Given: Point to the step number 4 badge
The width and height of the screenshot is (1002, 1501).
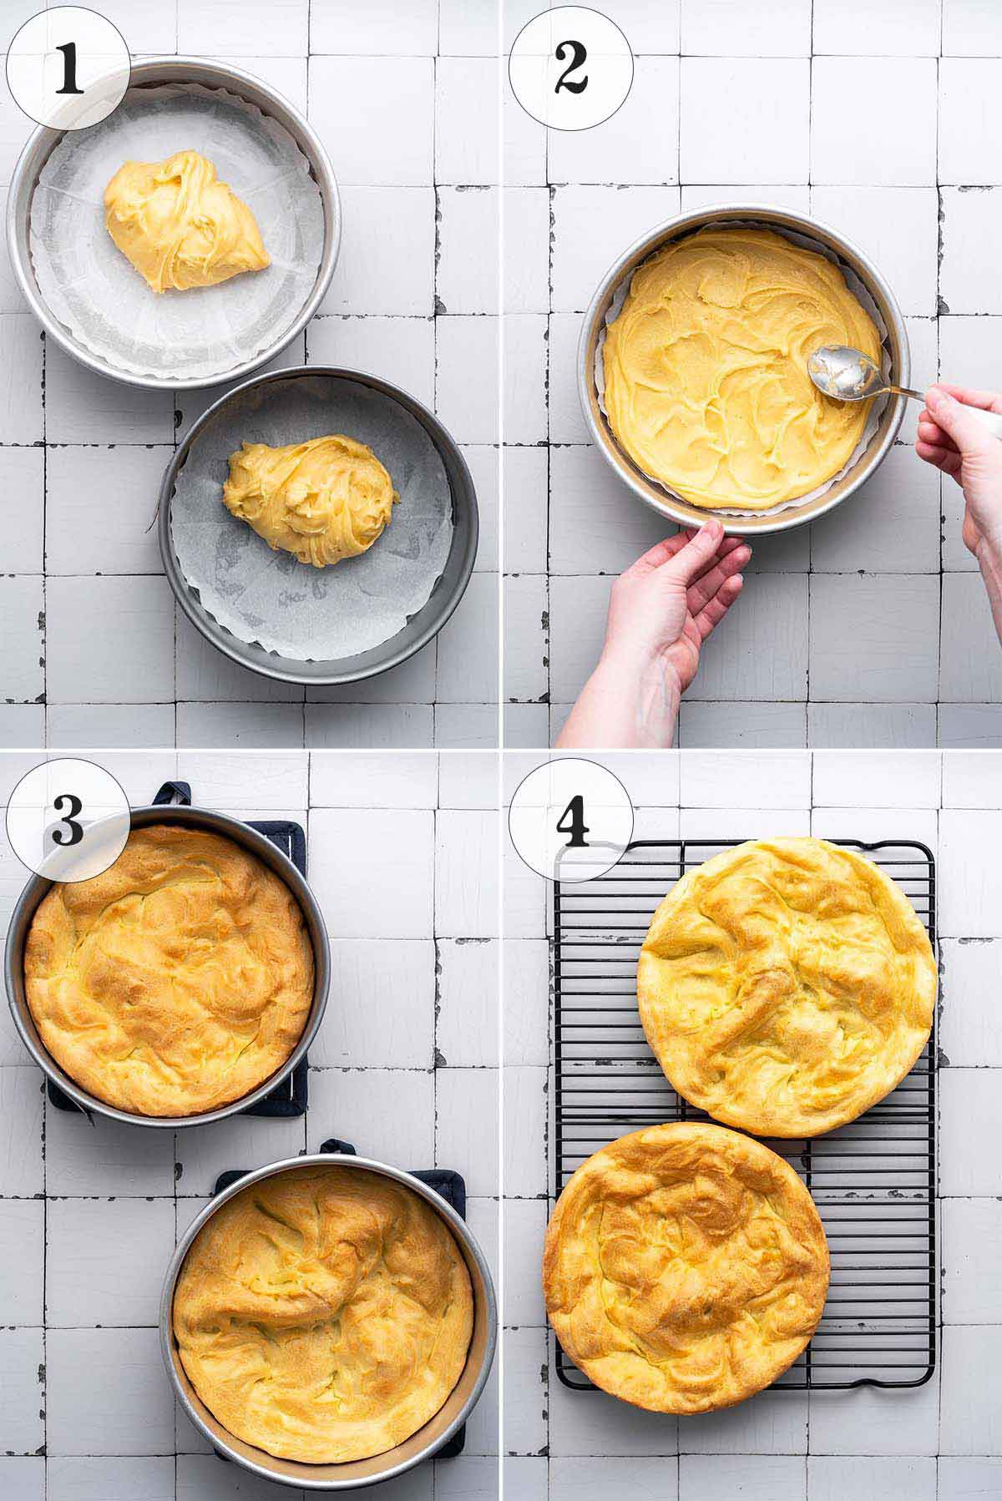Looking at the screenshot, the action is coord(570,820).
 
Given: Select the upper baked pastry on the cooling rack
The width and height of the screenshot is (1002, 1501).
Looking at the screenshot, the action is coord(787,987).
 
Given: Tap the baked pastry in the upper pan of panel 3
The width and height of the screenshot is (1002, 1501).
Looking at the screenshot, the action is coord(170,971).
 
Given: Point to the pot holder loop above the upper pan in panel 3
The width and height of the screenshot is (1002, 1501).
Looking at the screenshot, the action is coord(171,793).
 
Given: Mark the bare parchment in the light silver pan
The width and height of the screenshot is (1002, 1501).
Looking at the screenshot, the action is coord(92,317).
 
